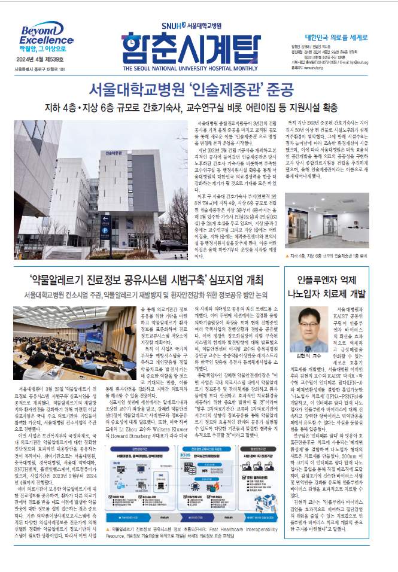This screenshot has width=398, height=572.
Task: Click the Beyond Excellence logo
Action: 41,35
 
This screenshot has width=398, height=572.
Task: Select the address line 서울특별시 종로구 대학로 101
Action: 37,69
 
